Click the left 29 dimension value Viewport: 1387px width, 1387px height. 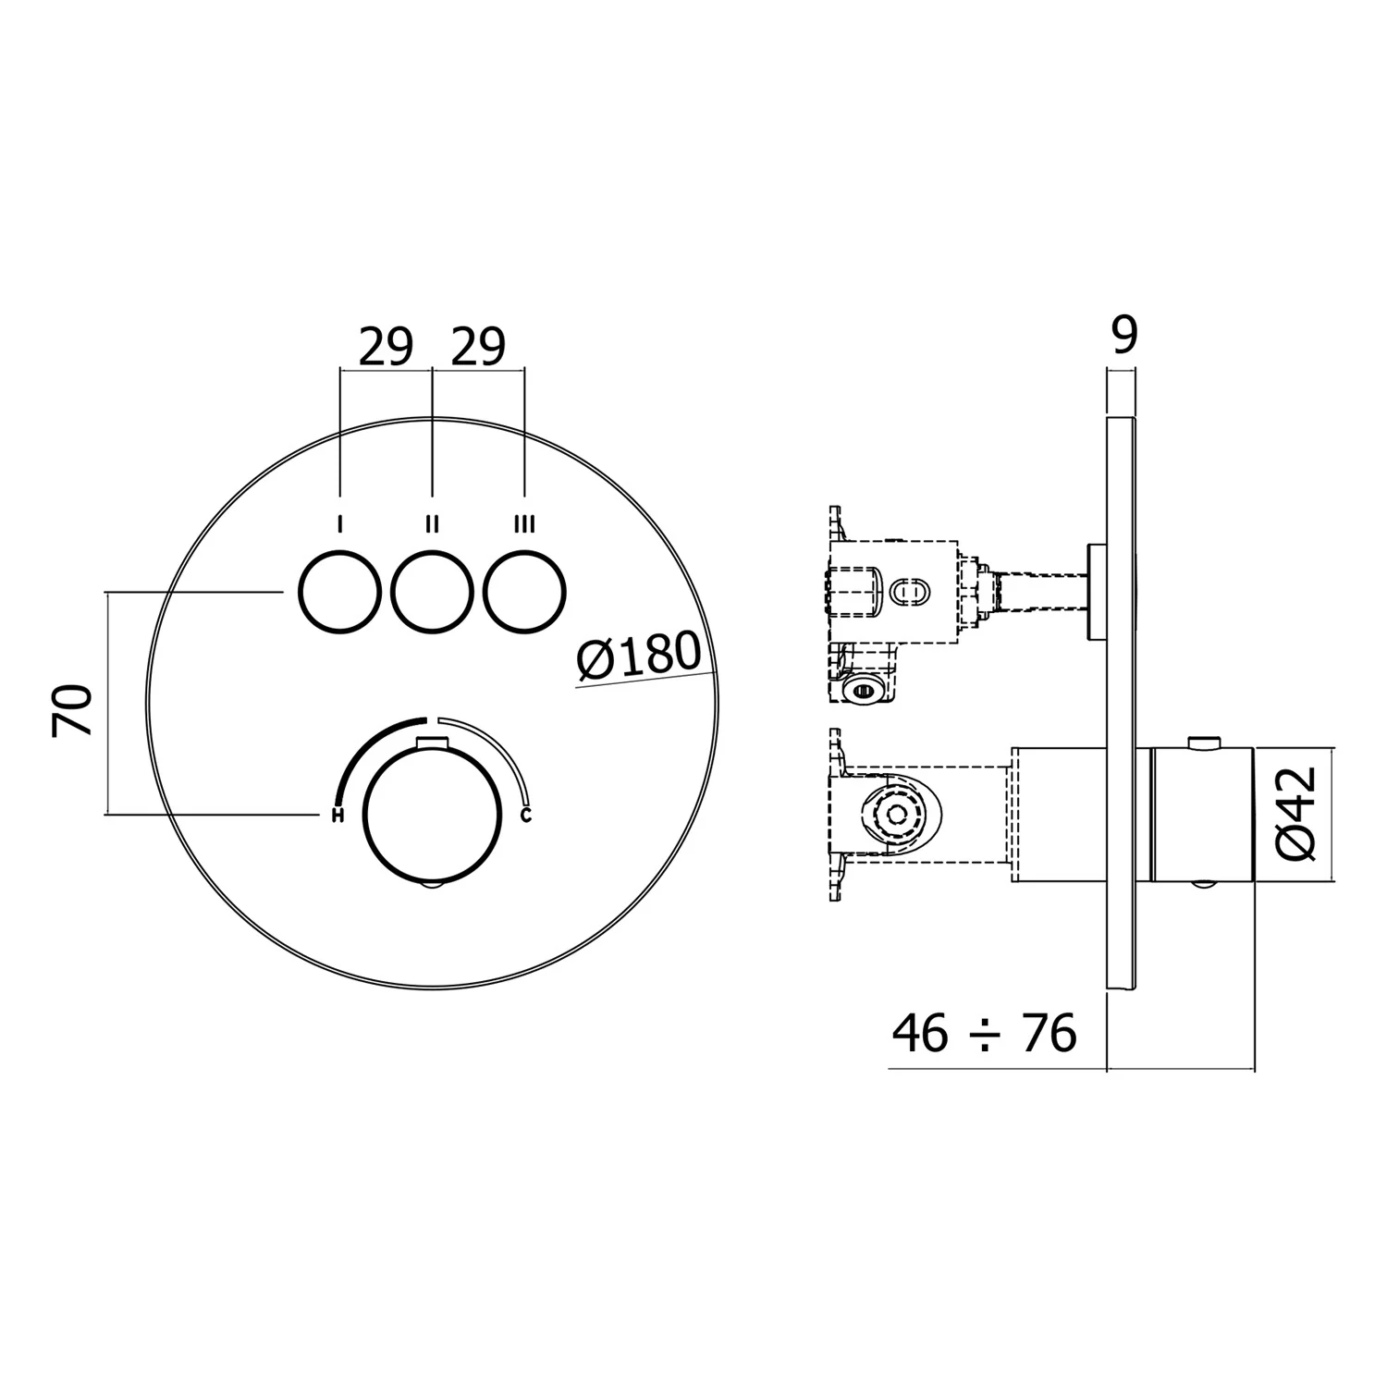point(386,347)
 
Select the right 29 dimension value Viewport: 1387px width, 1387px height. point(478,347)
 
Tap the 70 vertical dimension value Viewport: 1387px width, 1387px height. point(73,710)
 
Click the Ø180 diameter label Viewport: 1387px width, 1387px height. point(638,656)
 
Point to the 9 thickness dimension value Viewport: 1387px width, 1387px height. point(1123,336)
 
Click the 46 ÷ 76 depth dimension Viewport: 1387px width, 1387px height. point(985,1033)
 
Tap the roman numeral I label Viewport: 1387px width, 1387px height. point(340,525)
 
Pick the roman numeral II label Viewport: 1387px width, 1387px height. point(432,525)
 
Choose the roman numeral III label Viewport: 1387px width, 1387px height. point(524,525)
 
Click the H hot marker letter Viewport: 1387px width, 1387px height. point(338,815)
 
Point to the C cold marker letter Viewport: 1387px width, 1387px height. point(526,815)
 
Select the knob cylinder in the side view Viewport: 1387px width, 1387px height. point(1202,814)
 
